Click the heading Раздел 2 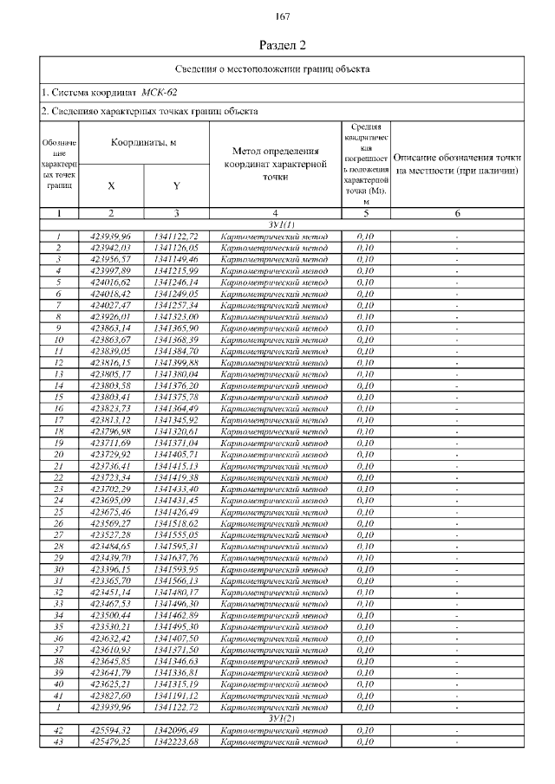pos(283,44)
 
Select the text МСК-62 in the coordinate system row pos(160,92)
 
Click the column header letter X pos(111,185)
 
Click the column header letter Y pos(176,185)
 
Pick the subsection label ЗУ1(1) pos(283,224)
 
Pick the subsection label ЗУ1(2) pos(283,719)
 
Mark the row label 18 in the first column pos(58,431)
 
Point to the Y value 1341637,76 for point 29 pos(176,558)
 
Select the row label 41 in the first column pos(58,697)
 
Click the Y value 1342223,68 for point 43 pos(176,742)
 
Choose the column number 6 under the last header pos(457,212)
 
